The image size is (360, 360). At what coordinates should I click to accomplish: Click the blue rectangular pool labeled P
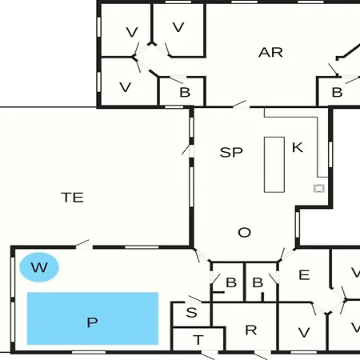[x=93, y=318]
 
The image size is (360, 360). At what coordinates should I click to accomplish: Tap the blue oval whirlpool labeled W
[x=39, y=267]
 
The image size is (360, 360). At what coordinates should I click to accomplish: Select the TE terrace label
[x=72, y=198]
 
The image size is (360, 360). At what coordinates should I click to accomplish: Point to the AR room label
[x=270, y=53]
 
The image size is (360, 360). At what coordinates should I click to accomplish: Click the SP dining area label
[x=231, y=152]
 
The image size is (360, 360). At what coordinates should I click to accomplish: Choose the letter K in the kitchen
[x=298, y=147]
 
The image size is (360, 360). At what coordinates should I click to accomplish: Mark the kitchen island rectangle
[x=274, y=165]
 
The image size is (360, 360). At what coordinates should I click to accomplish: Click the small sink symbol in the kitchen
[x=319, y=188]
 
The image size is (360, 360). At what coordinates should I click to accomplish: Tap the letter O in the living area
[x=244, y=232]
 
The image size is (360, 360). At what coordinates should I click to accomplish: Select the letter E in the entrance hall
[x=304, y=275]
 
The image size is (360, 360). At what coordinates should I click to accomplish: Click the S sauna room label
[x=191, y=312]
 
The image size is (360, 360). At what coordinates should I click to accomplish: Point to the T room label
[x=198, y=340]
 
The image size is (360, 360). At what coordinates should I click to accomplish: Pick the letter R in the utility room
[x=251, y=330]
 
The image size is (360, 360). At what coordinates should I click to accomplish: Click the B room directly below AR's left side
[x=185, y=92]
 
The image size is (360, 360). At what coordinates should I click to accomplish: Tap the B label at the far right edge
[x=337, y=92]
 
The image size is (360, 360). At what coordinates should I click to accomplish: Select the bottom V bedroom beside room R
[x=304, y=333]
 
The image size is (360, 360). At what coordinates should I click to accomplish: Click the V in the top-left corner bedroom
[x=132, y=32]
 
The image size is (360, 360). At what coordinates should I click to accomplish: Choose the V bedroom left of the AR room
[x=178, y=27]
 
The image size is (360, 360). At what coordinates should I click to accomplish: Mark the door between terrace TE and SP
[x=191, y=151]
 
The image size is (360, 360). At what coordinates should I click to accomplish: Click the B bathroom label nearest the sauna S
[x=231, y=282]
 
